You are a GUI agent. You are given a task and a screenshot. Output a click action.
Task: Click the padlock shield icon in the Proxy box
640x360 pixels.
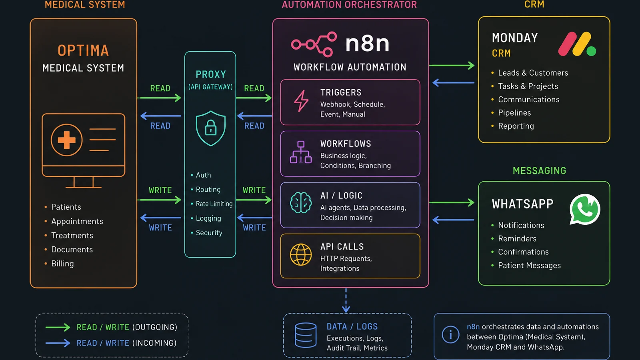pos(211,128)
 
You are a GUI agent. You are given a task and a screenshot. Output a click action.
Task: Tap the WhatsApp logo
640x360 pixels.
pos(585,209)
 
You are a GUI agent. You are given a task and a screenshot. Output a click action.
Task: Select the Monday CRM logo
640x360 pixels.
pos(577,44)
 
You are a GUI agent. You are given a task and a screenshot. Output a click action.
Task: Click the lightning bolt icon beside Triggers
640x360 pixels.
pos(301,101)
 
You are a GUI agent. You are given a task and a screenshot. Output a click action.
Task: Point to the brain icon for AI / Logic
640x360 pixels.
pos(300,202)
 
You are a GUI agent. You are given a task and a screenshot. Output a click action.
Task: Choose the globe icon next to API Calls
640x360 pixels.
pos(300,254)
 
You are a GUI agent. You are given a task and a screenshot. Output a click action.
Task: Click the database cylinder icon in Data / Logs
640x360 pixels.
pos(306,335)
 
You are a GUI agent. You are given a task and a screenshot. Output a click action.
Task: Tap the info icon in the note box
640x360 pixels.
pos(450,334)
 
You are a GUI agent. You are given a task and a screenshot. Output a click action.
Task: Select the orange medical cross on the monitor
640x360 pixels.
pos(66,140)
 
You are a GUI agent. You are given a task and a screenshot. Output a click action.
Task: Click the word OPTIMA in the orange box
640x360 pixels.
pos(83,50)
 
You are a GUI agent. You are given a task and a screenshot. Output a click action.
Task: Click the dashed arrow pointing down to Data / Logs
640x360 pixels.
pos(346,300)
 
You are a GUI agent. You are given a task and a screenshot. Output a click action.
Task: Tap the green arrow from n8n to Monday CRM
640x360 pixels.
pos(452,66)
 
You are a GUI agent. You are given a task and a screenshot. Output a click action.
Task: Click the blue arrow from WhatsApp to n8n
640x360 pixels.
pos(454,220)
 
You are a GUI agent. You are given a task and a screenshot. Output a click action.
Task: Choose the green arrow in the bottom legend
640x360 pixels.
pos(58,327)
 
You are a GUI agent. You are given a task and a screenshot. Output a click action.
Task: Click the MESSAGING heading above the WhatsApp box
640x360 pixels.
pos(540,170)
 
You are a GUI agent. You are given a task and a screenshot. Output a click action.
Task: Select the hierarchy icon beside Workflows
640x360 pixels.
pos(300,152)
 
